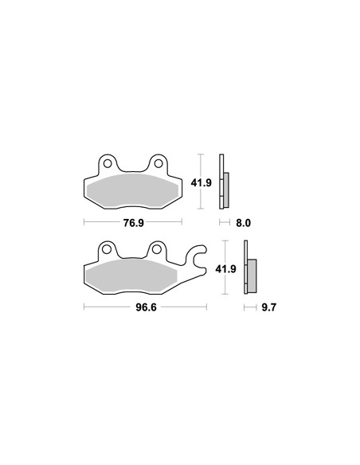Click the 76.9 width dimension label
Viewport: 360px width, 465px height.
(x=134, y=222)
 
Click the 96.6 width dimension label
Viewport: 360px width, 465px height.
(x=146, y=307)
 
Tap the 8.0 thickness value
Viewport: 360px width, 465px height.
(x=244, y=223)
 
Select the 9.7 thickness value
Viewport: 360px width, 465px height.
(x=268, y=307)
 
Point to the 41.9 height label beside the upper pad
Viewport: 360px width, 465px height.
(x=201, y=182)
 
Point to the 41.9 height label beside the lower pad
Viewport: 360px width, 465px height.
(x=225, y=268)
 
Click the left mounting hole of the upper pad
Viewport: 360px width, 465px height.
(x=108, y=163)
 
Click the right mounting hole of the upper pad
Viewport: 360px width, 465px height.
(x=158, y=163)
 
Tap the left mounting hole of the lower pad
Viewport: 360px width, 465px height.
(x=106, y=249)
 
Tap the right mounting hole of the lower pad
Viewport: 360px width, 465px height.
(x=157, y=249)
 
